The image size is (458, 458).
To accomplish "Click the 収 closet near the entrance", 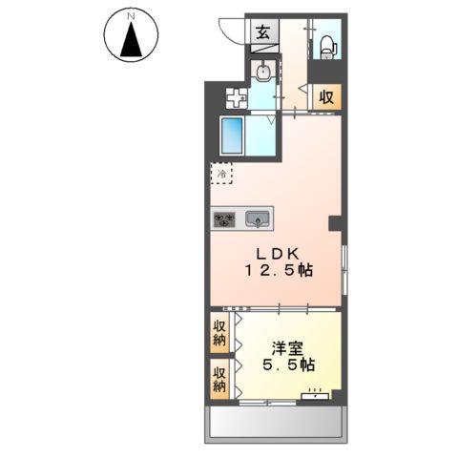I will pyautogui.click(x=326, y=95).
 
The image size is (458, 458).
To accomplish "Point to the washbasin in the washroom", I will pyautogui.click(x=264, y=73).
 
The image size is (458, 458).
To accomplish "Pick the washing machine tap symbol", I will pyautogui.click(x=235, y=96).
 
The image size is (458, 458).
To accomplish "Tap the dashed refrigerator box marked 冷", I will pyautogui.click(x=221, y=175).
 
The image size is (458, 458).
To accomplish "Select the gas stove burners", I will pyautogui.click(x=225, y=219).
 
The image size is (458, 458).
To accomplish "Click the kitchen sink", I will pyautogui.click(x=258, y=219).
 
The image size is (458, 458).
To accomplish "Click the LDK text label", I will pyautogui.click(x=278, y=253).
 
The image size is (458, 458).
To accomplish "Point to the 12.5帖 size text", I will pyautogui.click(x=278, y=272).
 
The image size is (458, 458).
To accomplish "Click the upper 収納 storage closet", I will pyautogui.click(x=219, y=333).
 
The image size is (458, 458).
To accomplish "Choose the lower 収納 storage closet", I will pyautogui.click(x=219, y=379).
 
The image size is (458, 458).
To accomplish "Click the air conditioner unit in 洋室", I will pyautogui.click(x=317, y=393).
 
